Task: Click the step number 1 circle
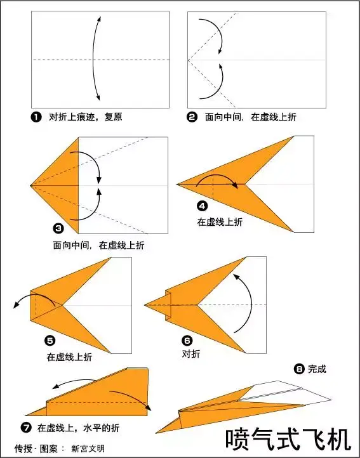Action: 36,117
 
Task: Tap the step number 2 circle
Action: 192,117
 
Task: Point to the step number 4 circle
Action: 203,206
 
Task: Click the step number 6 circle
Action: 187,340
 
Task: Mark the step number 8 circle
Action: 299,369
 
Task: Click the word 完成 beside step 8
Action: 317,369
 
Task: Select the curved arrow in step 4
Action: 217,179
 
